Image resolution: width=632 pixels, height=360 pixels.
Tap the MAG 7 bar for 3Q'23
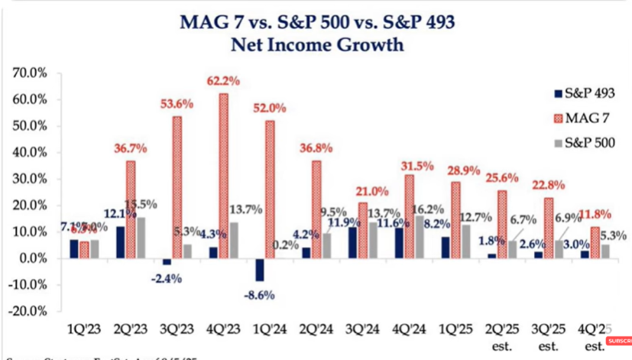click(177, 187)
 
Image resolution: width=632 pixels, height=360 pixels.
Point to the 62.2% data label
click(222, 80)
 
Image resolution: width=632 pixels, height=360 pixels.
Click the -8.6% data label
click(260, 294)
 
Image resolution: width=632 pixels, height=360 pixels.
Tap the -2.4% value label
click(166, 278)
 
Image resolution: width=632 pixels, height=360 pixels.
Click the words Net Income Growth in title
click(316, 44)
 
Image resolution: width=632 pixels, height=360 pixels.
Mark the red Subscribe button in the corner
click(620, 341)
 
